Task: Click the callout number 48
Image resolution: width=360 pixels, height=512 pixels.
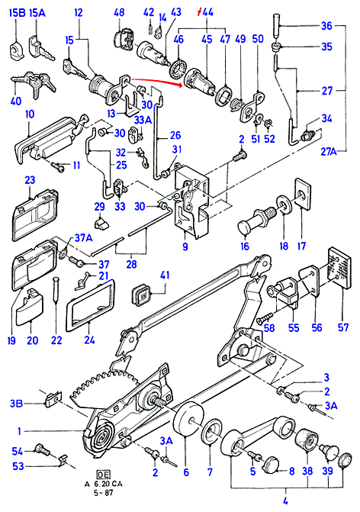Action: tap(119, 12)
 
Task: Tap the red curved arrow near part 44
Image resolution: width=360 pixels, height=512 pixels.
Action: tap(156, 82)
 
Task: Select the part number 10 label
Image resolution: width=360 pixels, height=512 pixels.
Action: tap(30, 114)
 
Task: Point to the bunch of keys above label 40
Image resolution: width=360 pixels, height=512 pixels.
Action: tap(34, 83)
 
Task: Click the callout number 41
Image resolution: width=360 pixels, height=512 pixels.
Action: tap(165, 275)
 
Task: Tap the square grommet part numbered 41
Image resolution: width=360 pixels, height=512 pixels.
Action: tap(141, 295)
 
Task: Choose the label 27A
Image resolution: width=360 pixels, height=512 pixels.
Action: tap(328, 152)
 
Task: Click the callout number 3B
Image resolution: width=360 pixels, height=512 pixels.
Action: tap(16, 404)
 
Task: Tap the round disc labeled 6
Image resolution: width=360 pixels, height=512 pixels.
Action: tap(188, 420)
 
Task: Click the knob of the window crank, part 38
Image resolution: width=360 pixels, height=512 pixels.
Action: tap(306, 439)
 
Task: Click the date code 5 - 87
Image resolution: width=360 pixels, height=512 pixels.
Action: tap(104, 493)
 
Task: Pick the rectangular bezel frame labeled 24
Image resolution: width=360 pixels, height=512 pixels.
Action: tap(91, 304)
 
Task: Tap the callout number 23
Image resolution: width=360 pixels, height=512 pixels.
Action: tap(30, 180)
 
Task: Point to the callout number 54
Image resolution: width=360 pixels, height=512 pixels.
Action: tap(17, 452)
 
